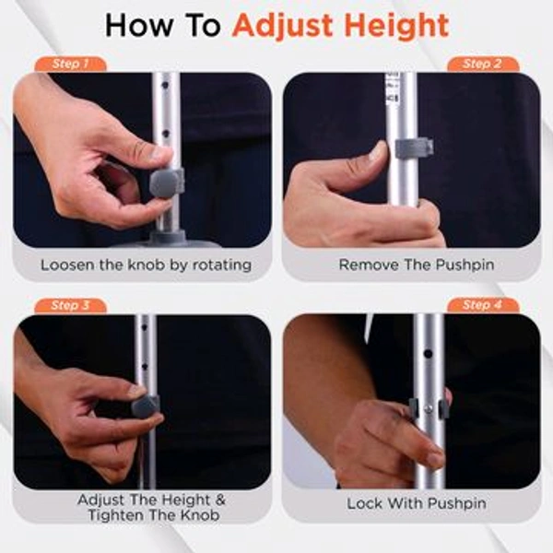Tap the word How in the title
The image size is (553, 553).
tap(136, 25)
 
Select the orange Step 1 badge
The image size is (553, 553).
tap(71, 65)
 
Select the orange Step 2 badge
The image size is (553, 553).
tap(482, 65)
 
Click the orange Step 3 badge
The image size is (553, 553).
tap(71, 305)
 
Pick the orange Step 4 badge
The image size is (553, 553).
tap(482, 305)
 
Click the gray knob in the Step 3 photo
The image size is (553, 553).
tap(146, 406)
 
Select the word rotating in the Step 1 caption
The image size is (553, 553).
tap(218, 265)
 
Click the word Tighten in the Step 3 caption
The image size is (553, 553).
tap(117, 514)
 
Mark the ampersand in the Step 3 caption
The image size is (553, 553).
tap(219, 499)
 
